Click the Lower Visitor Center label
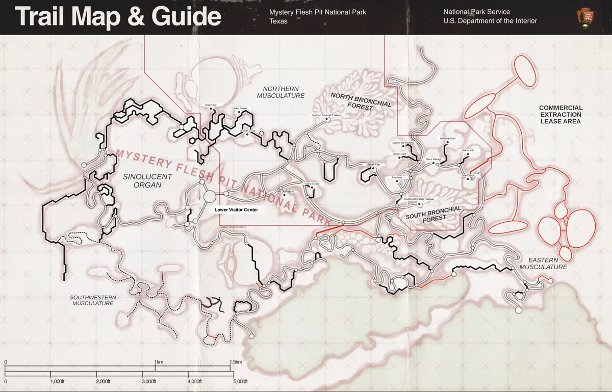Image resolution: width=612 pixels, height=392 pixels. coord(236,210)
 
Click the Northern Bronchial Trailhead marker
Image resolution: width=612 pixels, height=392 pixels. coord(327,119)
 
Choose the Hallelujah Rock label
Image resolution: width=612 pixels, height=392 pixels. coord(447,139)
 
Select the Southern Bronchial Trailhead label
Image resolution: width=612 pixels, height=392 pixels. coord(418,199)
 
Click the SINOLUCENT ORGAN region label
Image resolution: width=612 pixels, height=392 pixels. coord(140,180)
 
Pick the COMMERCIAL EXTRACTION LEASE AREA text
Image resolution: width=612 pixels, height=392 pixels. coord(560,115)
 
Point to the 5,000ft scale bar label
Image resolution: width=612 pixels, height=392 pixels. coord(240,381)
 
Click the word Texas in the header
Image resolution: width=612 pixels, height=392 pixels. coord(278,21)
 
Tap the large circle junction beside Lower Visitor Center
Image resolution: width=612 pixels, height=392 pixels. coord(209,196)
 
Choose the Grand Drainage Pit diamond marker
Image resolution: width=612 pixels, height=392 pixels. coord(284,195)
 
